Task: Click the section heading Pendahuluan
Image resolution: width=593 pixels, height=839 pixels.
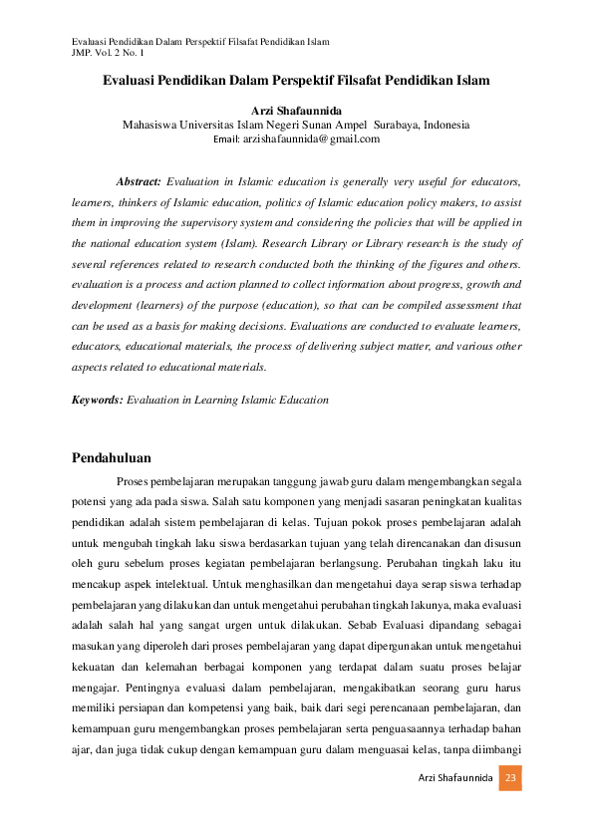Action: coord(112,458)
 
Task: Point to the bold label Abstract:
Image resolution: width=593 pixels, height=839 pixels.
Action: coord(139,182)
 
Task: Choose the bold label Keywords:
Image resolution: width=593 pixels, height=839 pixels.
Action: coord(98,400)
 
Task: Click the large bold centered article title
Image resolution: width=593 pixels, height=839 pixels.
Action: coord(296,79)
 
